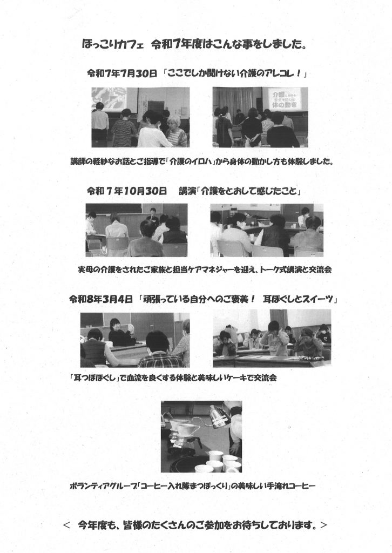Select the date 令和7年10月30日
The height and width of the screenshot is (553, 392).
point(126,191)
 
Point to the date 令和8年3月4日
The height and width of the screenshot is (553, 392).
point(101,299)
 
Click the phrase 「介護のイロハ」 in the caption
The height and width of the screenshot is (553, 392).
point(191,161)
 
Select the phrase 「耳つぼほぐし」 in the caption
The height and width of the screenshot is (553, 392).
point(94,377)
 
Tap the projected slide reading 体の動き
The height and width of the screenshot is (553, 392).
point(285,99)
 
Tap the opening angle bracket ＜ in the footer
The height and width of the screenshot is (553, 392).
point(66,525)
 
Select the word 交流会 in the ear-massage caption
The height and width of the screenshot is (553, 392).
point(265,377)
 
